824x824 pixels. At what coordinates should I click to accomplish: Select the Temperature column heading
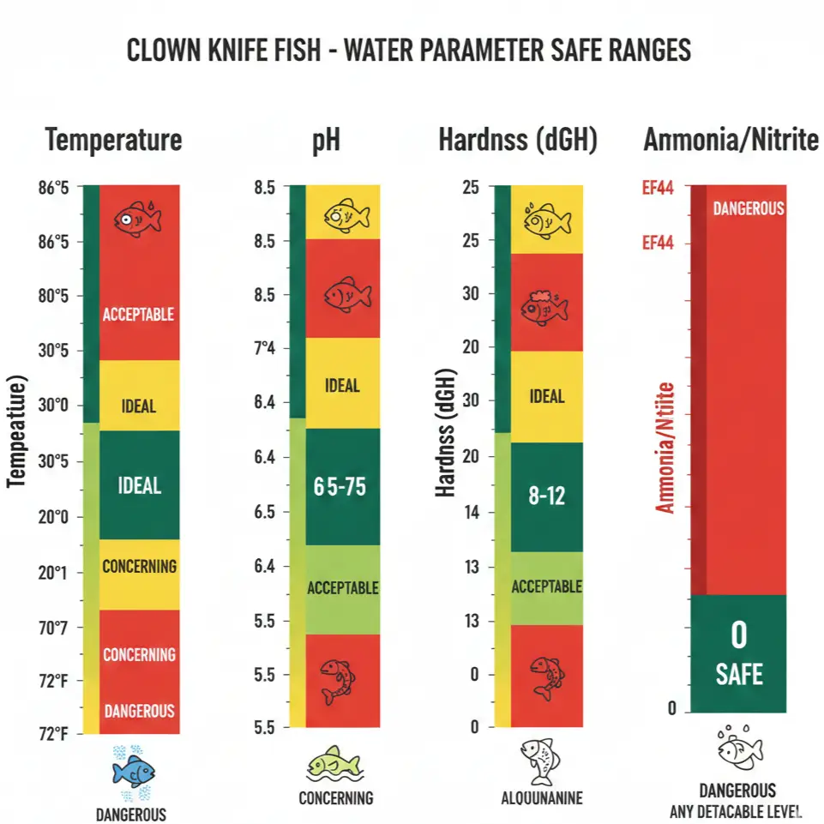(113, 140)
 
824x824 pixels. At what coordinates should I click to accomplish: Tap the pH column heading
(325, 140)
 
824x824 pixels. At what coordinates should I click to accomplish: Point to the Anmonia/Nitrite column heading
(731, 140)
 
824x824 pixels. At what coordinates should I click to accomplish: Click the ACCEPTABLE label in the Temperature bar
(138, 315)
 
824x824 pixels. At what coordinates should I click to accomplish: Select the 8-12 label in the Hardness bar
(546, 495)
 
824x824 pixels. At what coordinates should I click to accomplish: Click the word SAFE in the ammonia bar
(738, 674)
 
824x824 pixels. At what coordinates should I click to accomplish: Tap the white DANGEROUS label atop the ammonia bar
(748, 208)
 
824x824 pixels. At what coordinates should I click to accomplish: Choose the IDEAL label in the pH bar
(342, 386)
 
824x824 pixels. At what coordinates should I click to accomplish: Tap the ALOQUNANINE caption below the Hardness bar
(541, 799)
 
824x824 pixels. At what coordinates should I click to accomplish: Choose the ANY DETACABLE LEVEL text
(737, 811)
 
